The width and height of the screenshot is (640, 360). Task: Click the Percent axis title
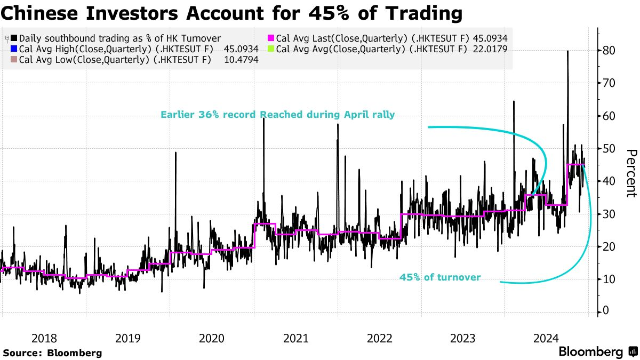pyautogui.click(x=631, y=173)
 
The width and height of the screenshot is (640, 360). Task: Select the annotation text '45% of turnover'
pyautogui.click(x=440, y=277)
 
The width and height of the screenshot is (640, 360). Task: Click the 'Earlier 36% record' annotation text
pyautogui.click(x=277, y=115)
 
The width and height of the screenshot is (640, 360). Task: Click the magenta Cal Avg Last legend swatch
pyautogui.click(x=270, y=38)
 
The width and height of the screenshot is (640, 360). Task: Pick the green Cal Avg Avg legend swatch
pyautogui.click(x=270, y=49)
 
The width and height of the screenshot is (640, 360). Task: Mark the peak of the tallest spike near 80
pyautogui.click(x=567, y=51)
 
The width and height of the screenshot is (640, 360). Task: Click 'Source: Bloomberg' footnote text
pyautogui.click(x=52, y=353)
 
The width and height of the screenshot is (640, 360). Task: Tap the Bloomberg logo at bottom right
pyautogui.click(x=597, y=352)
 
